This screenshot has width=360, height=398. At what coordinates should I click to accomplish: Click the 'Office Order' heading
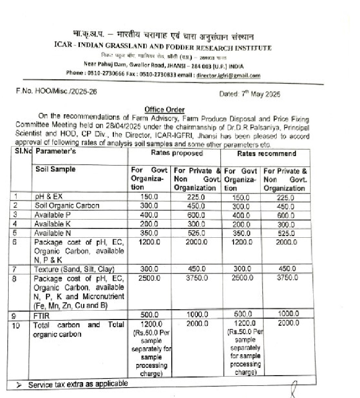[x=165, y=110]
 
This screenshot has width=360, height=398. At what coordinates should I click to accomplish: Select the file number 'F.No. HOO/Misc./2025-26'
[x=56, y=91]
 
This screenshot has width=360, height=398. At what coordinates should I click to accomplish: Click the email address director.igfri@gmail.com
[x=228, y=76]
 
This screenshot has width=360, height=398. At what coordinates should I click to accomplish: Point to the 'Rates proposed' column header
[x=177, y=153]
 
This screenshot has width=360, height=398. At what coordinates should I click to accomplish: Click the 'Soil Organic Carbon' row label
[x=67, y=206]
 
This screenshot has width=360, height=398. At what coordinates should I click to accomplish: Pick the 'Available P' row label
[x=52, y=215]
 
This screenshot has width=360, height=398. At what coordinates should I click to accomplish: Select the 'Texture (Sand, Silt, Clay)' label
[x=74, y=269]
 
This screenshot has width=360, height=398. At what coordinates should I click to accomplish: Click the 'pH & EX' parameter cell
[x=49, y=197]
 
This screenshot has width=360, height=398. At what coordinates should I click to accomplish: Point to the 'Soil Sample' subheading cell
[x=55, y=169]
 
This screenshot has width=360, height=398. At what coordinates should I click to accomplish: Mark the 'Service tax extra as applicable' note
[x=78, y=384]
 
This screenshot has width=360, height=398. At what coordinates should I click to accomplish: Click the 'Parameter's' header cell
[x=56, y=151]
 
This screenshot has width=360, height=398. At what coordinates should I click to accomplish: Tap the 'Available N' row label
[x=52, y=233]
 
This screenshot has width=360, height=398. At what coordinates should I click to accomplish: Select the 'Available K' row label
[x=52, y=224]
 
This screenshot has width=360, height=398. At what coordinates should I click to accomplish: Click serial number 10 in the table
[x=16, y=325]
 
